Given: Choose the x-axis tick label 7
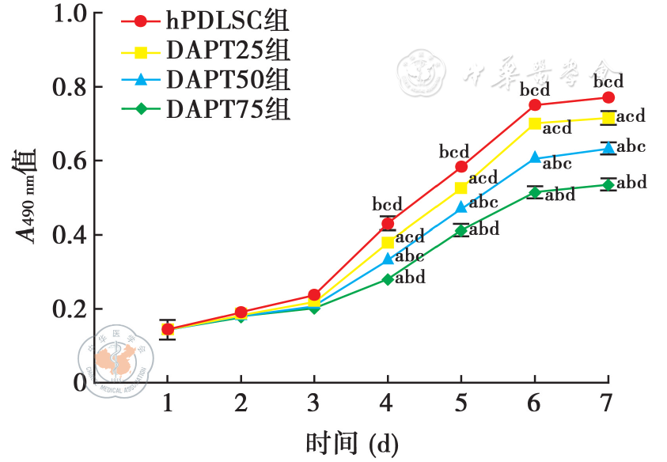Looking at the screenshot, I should pos(607,403).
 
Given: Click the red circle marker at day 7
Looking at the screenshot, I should pos(608,97).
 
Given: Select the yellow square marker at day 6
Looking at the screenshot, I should pos(535,123).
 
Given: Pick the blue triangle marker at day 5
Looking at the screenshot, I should pos(461,207).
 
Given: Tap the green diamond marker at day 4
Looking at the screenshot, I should pos(388,279).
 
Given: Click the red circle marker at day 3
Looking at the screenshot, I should pos(314,295).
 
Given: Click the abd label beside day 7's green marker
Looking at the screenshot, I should pos(631,184).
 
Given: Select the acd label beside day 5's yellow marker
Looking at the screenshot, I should pos(483,177).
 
